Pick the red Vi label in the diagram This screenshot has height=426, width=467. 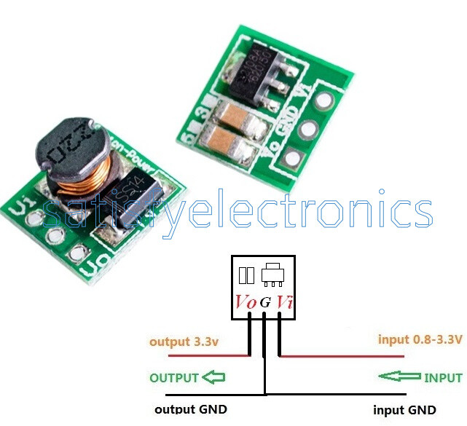click(284, 301)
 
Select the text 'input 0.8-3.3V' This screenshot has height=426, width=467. click(420, 339)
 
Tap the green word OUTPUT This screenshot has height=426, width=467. click(174, 378)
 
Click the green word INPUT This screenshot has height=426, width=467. click(443, 378)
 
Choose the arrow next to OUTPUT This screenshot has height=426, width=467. click(213, 377)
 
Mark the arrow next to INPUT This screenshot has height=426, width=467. click(399, 376)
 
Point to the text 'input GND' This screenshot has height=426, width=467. click(404, 410)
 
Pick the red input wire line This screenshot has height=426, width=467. click(342, 356)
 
